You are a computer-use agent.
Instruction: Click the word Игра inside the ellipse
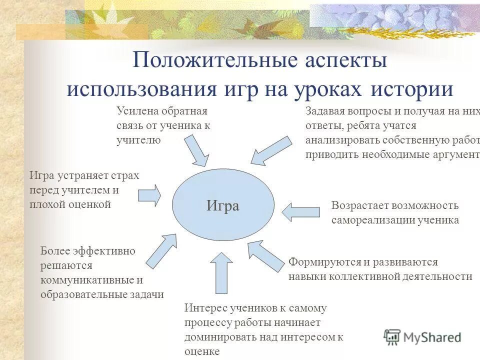(x=223, y=206)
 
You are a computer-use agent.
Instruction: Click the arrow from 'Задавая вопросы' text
(x=270, y=150)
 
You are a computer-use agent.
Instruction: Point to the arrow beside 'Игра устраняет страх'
(x=149, y=195)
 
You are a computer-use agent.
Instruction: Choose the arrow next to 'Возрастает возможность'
(x=300, y=211)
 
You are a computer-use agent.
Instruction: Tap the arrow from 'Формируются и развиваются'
(x=266, y=255)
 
